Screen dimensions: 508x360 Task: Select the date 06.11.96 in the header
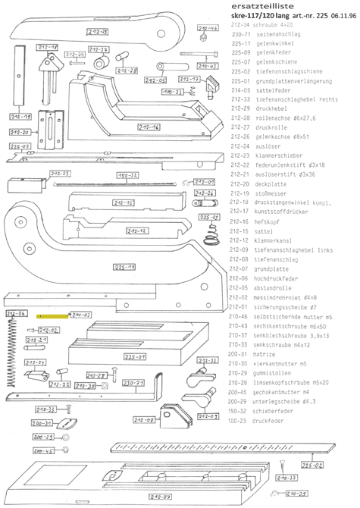(x=341, y=16)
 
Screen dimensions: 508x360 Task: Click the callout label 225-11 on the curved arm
(x=125, y=268)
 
